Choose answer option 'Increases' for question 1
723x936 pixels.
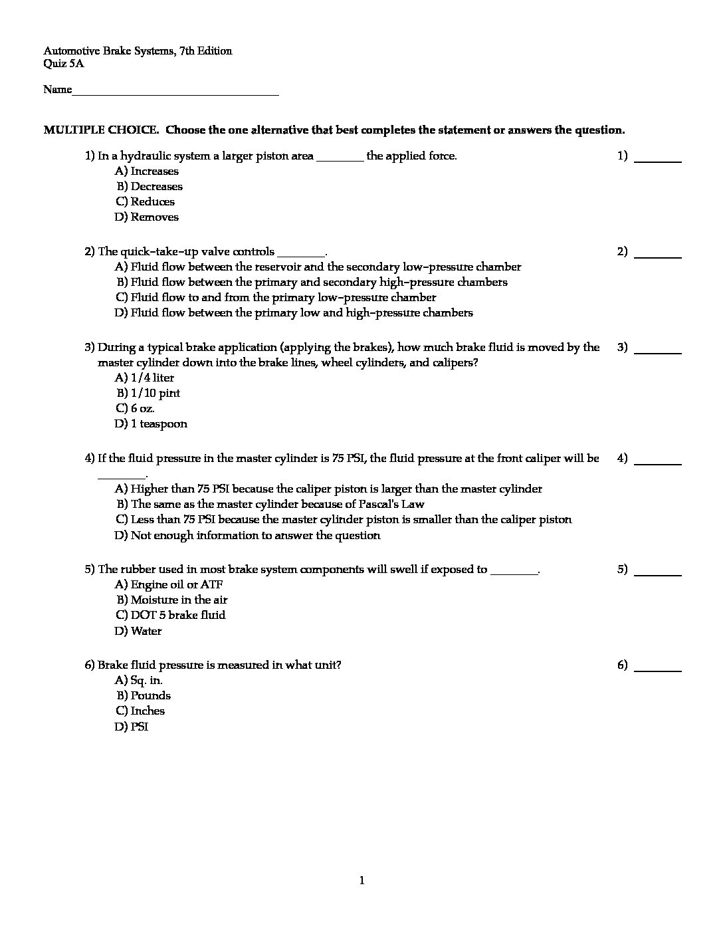tap(147, 172)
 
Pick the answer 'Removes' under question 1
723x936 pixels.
tap(147, 217)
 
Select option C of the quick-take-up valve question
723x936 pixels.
tap(276, 298)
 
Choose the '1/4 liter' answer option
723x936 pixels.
tap(144, 378)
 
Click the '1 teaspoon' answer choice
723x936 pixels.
tap(151, 424)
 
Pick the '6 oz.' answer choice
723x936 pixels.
tap(135, 409)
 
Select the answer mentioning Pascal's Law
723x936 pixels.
tap(270, 505)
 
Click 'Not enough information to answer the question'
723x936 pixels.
tap(247, 536)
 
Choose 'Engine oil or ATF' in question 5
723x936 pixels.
tap(169, 585)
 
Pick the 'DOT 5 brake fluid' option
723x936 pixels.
tap(170, 616)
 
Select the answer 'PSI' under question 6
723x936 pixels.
tap(132, 727)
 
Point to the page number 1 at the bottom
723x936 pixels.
tap(361, 881)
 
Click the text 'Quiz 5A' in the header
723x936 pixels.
tap(64, 64)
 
